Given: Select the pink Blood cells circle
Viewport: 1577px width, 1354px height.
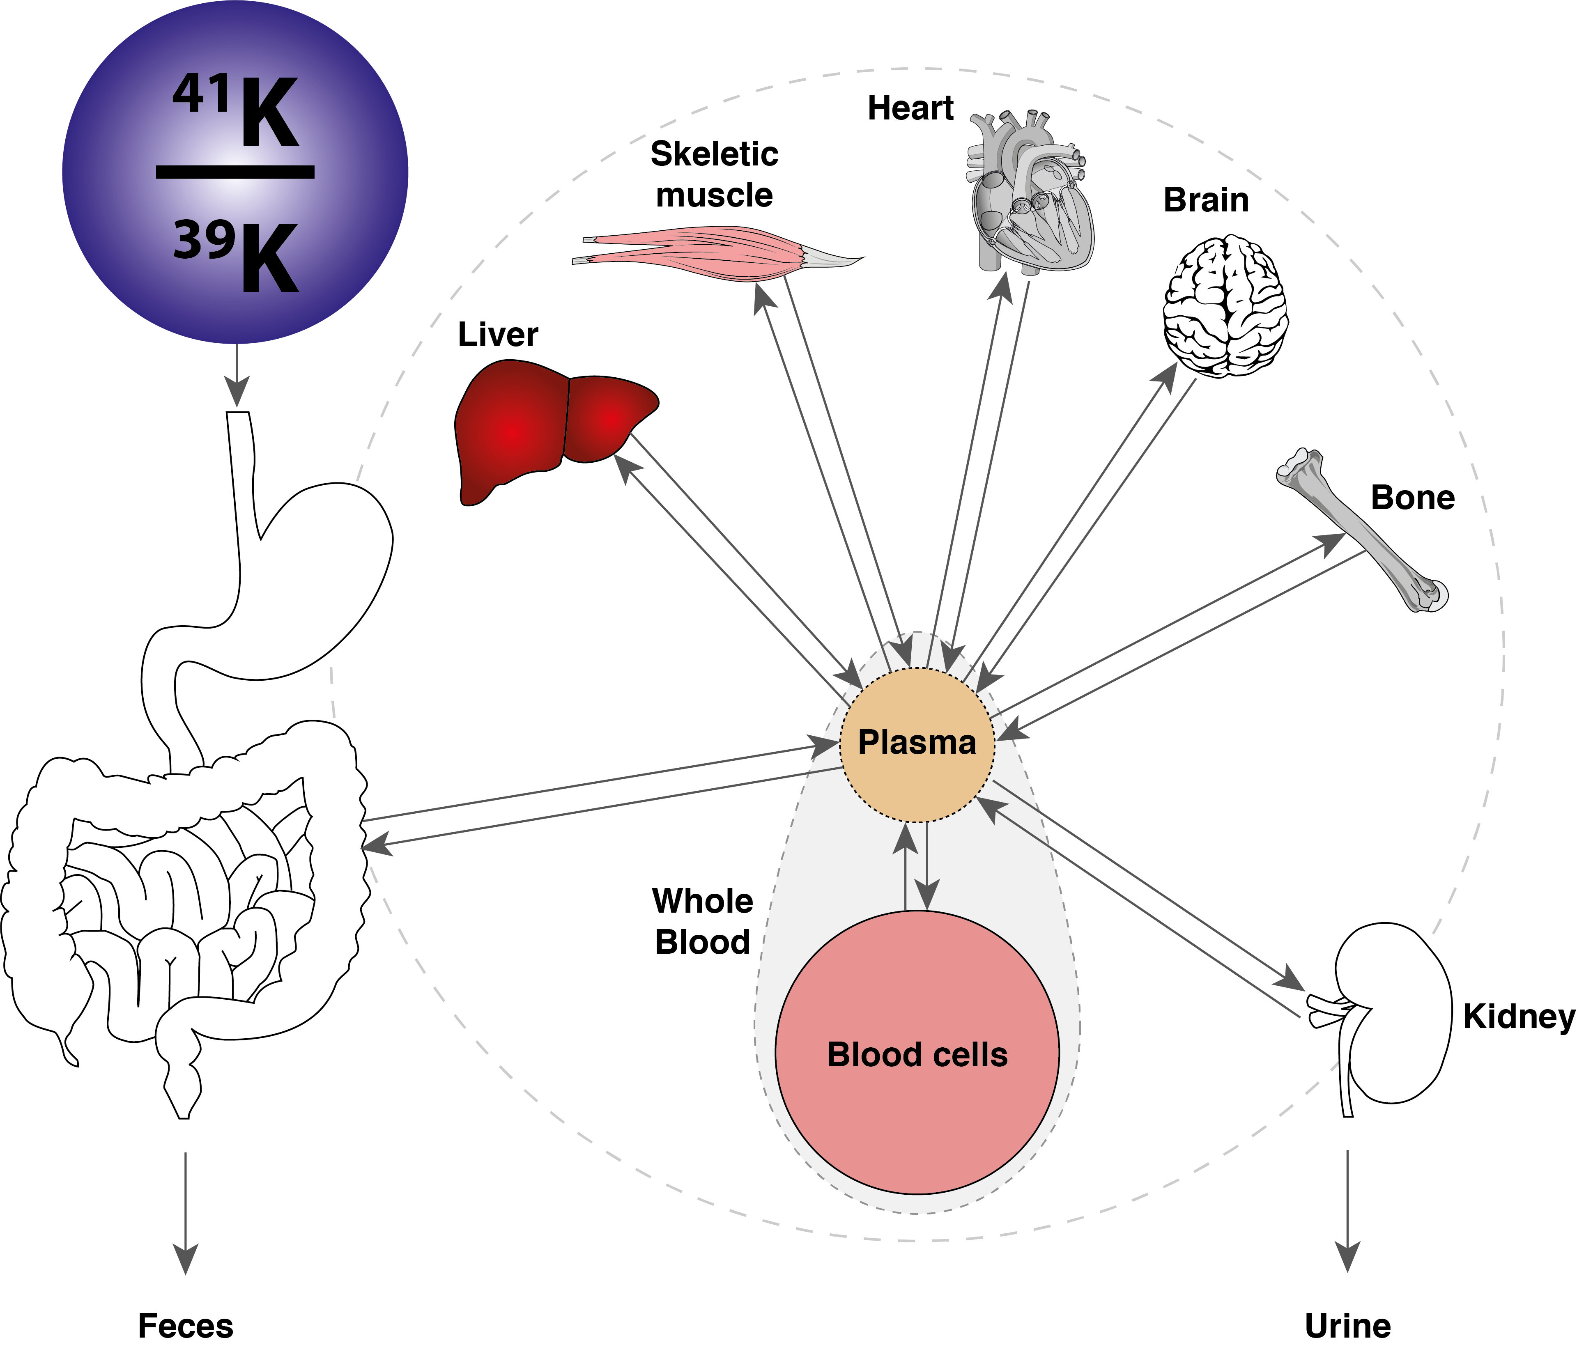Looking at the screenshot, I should (917, 1053).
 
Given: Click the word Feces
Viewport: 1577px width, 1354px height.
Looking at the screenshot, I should (185, 1326).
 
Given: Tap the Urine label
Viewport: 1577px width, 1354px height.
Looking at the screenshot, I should (1347, 1326).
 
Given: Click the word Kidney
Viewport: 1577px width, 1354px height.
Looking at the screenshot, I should (1518, 1017).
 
